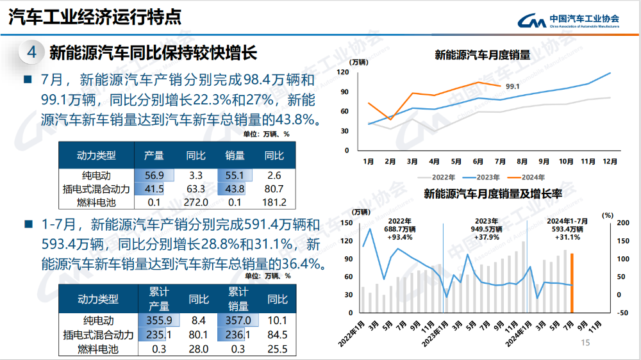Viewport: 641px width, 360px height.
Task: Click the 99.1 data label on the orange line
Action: [x=512, y=86]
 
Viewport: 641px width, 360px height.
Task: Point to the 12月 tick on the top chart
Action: [x=610, y=162]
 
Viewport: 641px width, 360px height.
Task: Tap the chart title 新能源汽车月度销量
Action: [x=482, y=55]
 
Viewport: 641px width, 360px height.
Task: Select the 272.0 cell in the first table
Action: [x=196, y=202]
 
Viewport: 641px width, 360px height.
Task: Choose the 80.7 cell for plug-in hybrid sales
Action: [x=274, y=189]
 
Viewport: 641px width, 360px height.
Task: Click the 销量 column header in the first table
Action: [x=235, y=156]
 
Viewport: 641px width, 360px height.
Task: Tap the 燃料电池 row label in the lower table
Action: [x=98, y=349]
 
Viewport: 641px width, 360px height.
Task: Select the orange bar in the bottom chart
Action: [x=572, y=282]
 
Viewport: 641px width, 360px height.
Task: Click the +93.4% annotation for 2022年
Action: [x=399, y=237]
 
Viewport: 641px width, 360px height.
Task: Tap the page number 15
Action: [x=585, y=343]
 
